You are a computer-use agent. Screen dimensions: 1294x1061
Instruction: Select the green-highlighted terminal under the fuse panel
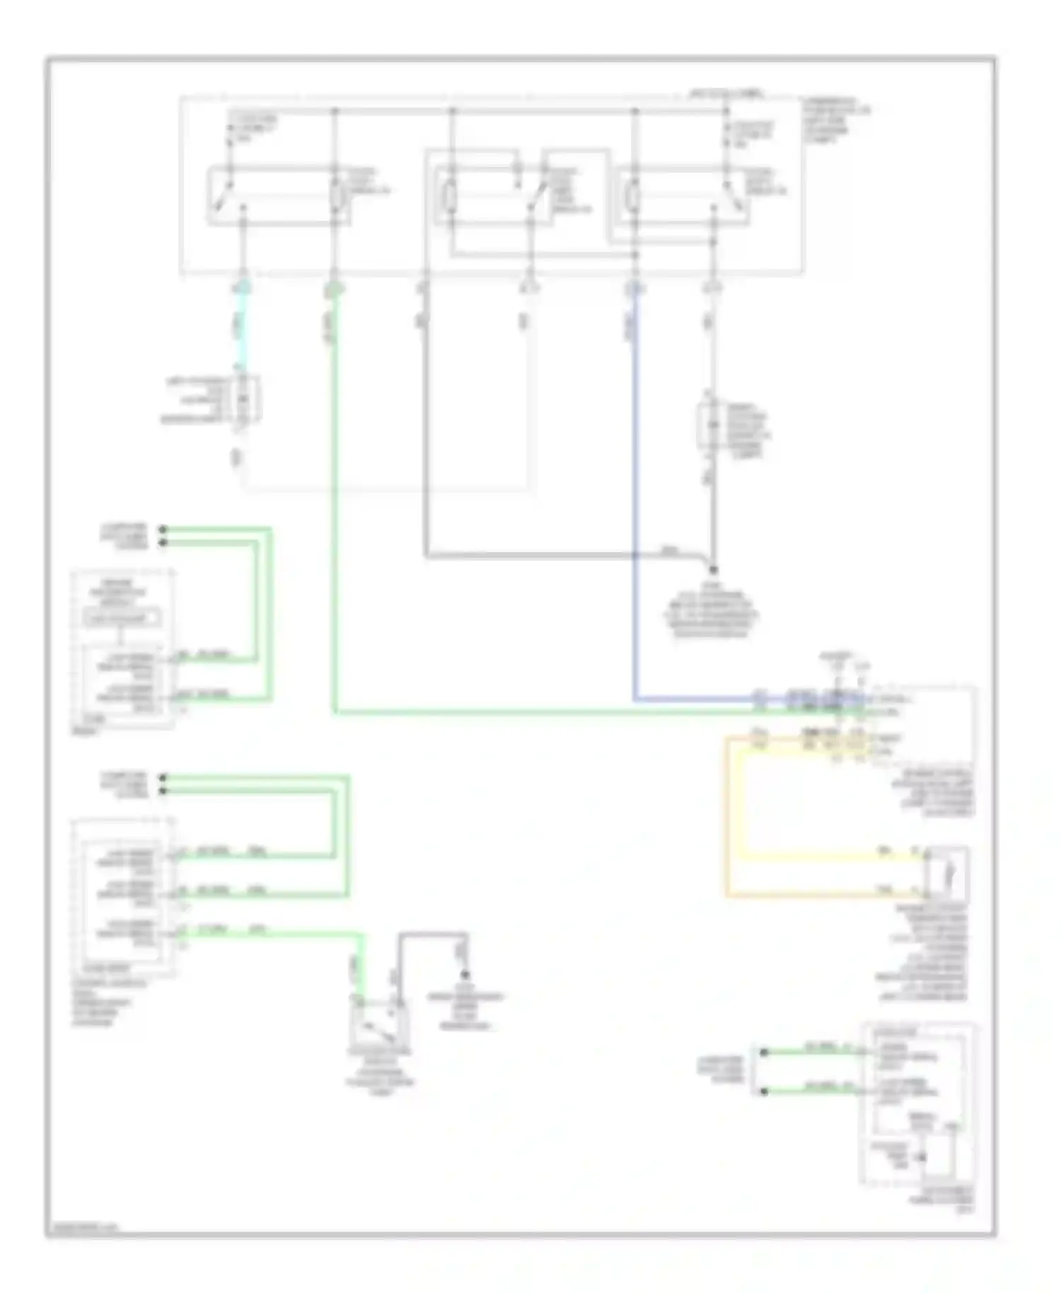coord(334,289)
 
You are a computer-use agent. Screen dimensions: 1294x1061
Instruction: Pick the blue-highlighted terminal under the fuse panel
coord(634,289)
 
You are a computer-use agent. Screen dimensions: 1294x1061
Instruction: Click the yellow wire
coord(813,854)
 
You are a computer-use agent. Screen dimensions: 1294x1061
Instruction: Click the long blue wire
coord(634,496)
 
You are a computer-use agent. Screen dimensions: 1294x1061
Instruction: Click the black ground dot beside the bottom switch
coord(465,974)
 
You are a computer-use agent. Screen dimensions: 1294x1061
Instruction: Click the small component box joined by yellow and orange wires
coord(946,874)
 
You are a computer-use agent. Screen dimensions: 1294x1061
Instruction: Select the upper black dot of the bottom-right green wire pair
coord(764,1053)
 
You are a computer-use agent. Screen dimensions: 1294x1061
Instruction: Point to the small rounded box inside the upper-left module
coord(122,619)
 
